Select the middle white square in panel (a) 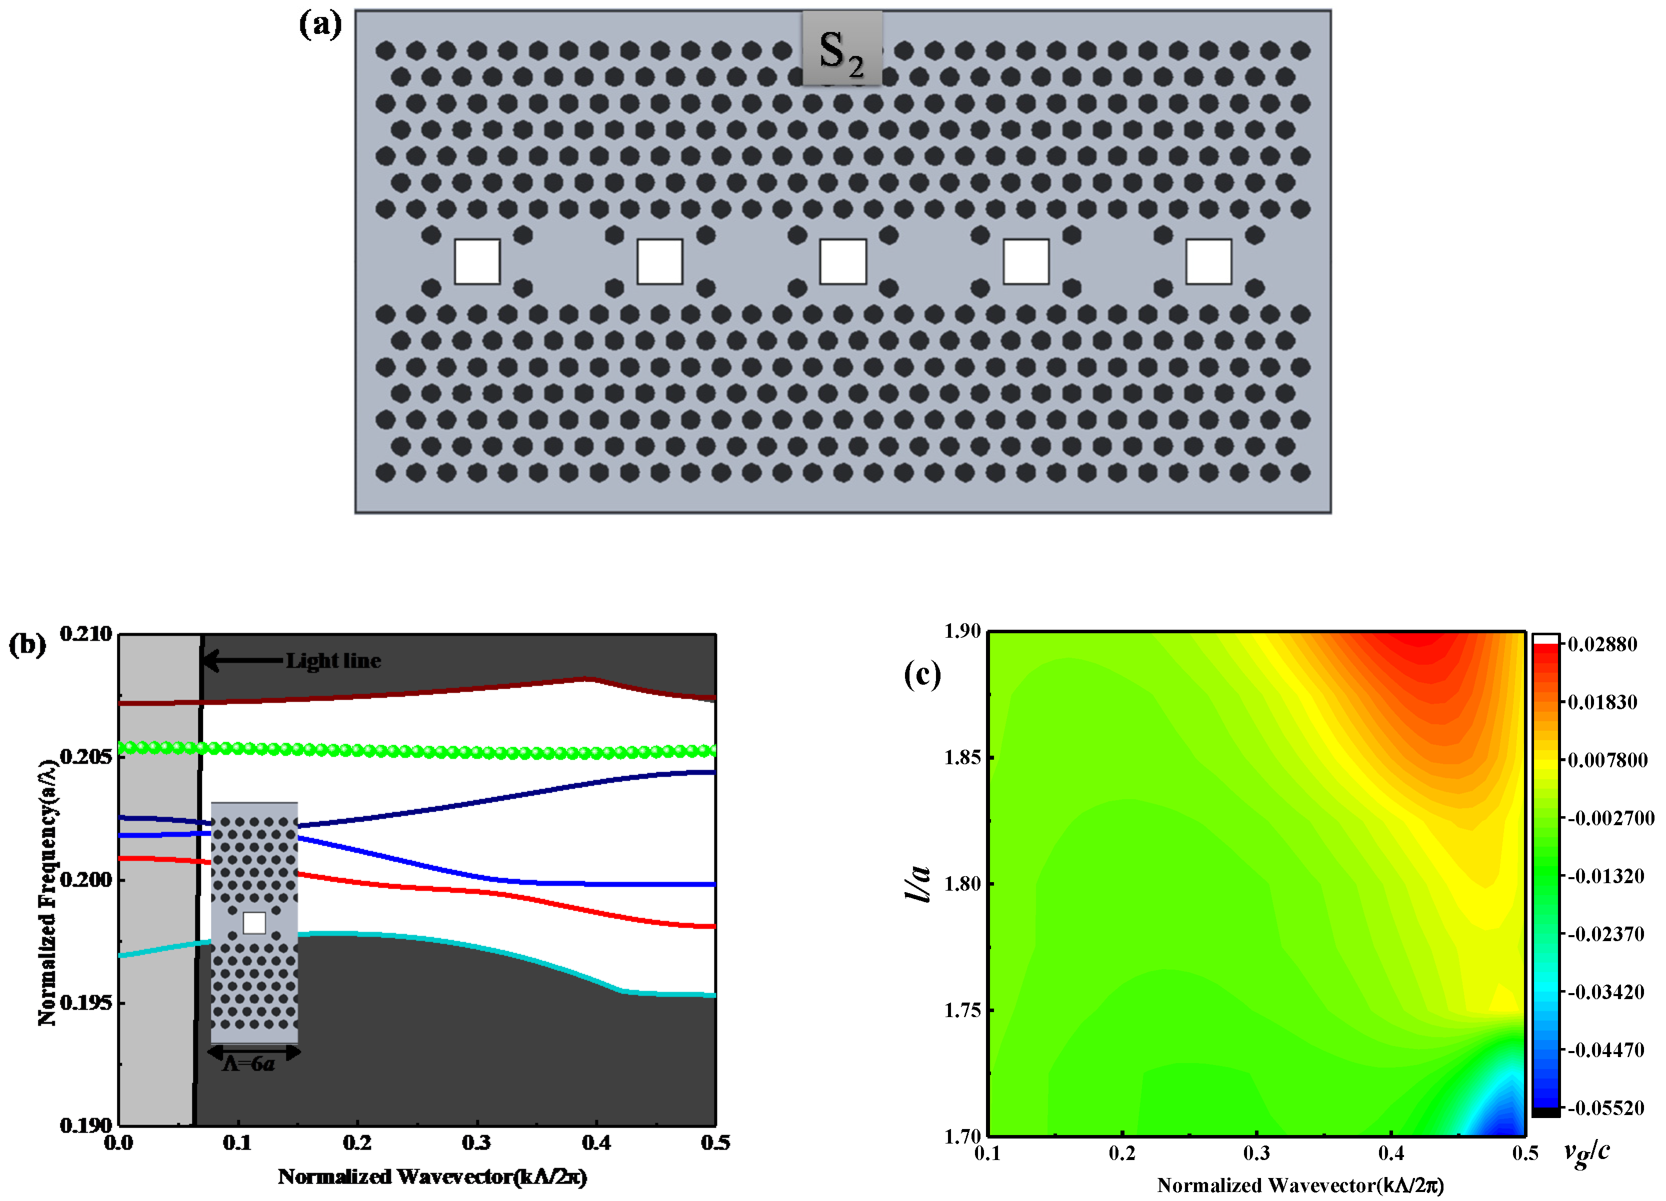pyautogui.click(x=842, y=261)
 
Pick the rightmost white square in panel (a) pyautogui.click(x=1208, y=261)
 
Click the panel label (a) pyautogui.click(x=320, y=25)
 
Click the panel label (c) pyautogui.click(x=922, y=673)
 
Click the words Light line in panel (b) pyautogui.click(x=333, y=661)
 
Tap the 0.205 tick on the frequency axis pyautogui.click(x=86, y=756)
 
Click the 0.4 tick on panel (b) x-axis pyautogui.click(x=595, y=1142)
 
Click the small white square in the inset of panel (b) pyautogui.click(x=254, y=923)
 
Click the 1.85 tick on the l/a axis pyautogui.click(x=962, y=757)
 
